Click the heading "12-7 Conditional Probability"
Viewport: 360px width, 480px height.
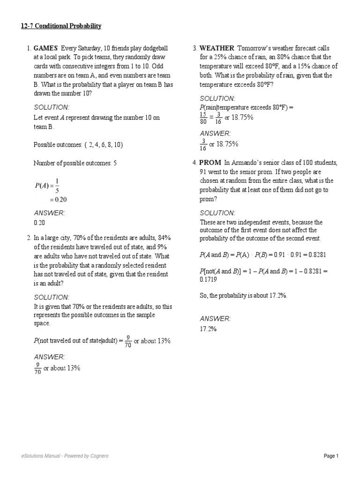(x=61, y=26)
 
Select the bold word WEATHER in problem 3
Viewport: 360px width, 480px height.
(x=217, y=48)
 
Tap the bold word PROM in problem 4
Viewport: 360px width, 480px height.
(x=210, y=163)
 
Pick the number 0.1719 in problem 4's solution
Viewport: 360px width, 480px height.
(x=209, y=280)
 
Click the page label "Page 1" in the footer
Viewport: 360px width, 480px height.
(x=330, y=456)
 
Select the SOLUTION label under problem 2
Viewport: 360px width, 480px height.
(x=52, y=297)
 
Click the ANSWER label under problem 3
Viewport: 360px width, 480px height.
(x=215, y=133)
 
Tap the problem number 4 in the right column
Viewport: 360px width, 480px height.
(x=194, y=163)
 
